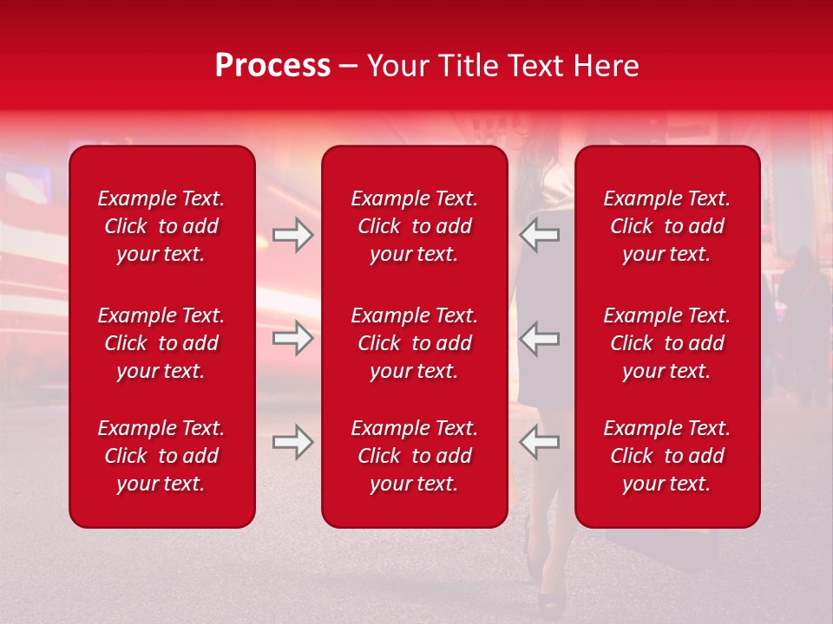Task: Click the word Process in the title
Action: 272,66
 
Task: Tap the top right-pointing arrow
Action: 292,235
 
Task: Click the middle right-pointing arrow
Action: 292,338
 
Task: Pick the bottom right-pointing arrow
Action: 292,442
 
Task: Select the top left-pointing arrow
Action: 540,235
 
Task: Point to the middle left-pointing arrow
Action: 540,338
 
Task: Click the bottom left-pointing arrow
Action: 540,442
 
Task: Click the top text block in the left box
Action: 161,226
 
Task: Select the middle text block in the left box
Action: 161,343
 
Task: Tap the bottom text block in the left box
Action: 161,456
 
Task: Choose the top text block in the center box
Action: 414,226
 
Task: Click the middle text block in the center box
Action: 414,343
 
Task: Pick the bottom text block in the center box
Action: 414,456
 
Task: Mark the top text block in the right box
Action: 666,226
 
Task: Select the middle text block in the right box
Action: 666,343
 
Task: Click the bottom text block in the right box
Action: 666,456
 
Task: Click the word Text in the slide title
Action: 531,66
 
